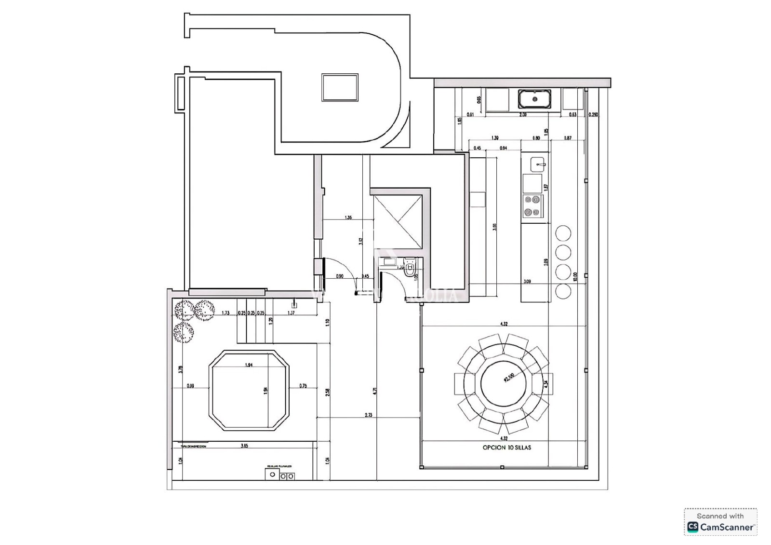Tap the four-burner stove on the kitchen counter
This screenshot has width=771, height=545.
point(532,205)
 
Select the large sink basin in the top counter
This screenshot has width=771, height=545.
point(535,99)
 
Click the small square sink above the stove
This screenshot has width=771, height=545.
point(537,164)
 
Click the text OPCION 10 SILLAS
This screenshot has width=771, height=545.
point(507,448)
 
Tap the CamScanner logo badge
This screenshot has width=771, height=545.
point(720,522)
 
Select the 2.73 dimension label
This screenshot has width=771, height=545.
point(369,415)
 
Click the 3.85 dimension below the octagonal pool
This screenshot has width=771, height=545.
point(244,446)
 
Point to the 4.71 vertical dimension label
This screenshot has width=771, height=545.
point(374,391)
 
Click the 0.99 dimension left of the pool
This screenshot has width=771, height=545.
point(190,386)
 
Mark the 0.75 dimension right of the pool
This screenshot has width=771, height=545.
point(303,386)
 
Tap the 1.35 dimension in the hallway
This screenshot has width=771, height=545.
point(348,218)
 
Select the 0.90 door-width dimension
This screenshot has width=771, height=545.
point(339,276)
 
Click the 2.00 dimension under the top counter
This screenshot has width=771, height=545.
point(523,115)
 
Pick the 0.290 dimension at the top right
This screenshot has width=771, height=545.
point(594,115)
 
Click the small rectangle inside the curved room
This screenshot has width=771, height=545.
point(340,87)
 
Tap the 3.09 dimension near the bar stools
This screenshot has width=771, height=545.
point(527,281)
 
